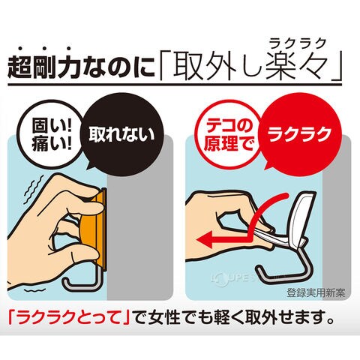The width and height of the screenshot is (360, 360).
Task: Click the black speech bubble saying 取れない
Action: click(121, 135)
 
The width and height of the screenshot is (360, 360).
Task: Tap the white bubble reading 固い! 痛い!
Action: click(50, 135)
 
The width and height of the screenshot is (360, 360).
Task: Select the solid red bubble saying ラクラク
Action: click(299, 133)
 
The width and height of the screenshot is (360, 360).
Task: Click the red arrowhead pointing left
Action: click(205, 239)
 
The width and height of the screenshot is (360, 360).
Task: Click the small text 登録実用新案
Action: click(316, 292)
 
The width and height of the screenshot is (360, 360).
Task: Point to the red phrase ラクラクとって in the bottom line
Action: click(69, 317)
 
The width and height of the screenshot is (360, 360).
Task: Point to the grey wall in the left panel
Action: click(140, 225)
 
